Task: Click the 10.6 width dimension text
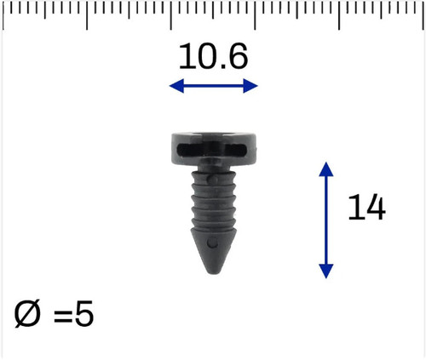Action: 213,57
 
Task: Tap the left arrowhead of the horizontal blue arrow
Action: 176,86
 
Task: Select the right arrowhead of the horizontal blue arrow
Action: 250,86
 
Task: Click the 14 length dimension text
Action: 366,207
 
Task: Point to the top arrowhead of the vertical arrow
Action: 326,169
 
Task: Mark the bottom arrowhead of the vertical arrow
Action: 326,271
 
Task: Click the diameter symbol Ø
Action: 27,314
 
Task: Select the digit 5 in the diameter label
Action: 84,313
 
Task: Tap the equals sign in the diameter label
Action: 63,316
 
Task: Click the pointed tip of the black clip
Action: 213,273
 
